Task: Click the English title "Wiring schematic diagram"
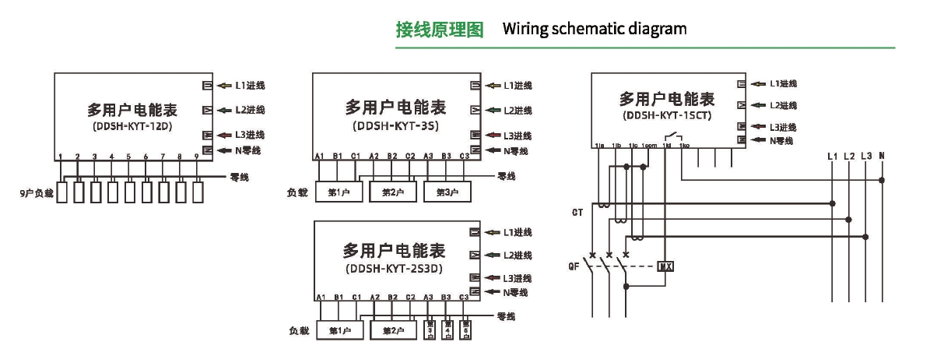(595, 30)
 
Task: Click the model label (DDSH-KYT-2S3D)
(393, 270)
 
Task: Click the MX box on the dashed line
(665, 267)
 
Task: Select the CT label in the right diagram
(577, 212)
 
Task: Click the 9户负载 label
(37, 192)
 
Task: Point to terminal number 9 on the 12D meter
(196, 157)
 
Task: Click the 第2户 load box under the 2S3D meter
(394, 331)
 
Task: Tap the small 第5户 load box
(465, 330)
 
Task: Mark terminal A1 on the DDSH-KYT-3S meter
(319, 157)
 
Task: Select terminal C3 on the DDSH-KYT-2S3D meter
(465, 298)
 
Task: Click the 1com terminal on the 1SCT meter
(650, 146)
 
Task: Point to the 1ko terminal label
(684, 146)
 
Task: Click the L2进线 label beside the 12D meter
(250, 110)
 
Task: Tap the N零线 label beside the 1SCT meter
(781, 140)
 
